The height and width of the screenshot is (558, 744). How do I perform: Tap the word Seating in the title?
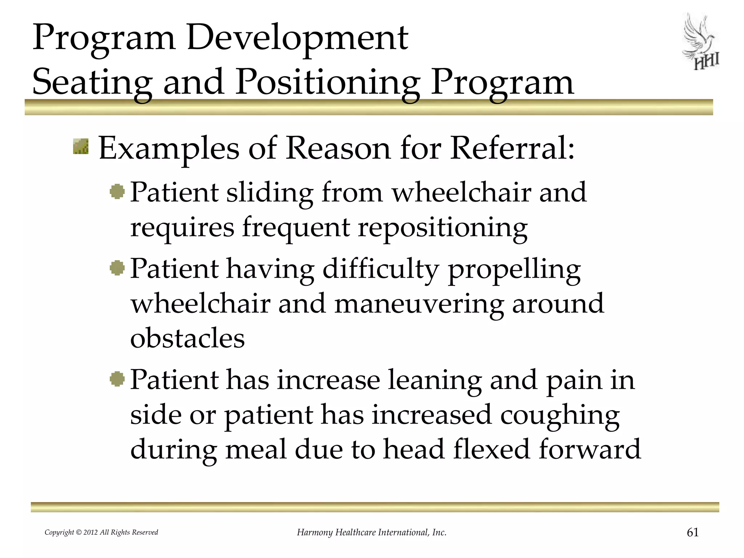tap(92, 83)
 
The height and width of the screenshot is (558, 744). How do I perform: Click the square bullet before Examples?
tap(80, 146)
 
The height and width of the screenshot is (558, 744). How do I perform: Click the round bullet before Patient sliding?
tap(117, 191)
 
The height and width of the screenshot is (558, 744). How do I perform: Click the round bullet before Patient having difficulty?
tap(117, 268)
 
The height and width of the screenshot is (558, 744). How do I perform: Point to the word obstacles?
tap(187, 338)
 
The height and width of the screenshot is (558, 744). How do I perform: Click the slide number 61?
tap(692, 532)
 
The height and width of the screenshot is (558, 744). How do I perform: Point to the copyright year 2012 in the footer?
tap(91, 533)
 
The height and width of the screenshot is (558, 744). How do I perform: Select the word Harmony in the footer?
tap(315, 533)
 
